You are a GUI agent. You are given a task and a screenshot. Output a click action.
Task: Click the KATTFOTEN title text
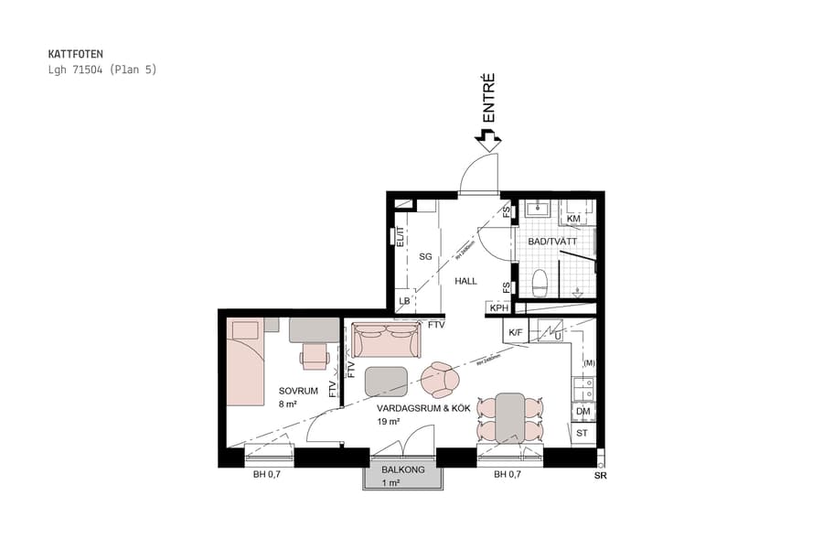point(76,54)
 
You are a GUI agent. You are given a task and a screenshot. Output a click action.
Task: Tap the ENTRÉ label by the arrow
point(488,99)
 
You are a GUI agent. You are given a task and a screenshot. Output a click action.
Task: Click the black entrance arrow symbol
point(488,140)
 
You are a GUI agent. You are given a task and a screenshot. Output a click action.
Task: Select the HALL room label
point(466,281)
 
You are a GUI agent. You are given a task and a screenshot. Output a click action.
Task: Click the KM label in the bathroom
point(573,220)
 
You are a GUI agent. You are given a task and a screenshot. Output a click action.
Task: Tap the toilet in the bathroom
point(540,283)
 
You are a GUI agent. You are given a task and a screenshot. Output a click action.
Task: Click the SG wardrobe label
point(425,257)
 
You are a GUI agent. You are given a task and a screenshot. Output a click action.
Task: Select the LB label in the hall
point(404,302)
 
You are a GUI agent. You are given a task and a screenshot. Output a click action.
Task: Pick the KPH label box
point(498,308)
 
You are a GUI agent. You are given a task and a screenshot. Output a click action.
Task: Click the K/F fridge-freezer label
point(515,333)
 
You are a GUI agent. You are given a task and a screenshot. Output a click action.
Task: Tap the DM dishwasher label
point(583,413)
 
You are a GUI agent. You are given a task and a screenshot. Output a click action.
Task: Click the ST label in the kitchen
point(583,433)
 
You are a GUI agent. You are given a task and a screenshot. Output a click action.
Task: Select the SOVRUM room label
point(298,391)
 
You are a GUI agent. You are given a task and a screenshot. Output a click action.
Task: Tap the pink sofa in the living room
point(387,340)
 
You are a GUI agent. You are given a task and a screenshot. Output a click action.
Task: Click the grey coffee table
point(386,381)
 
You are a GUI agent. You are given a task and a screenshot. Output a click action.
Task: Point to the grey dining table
point(510,418)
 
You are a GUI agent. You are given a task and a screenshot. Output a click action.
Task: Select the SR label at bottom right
point(600,476)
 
